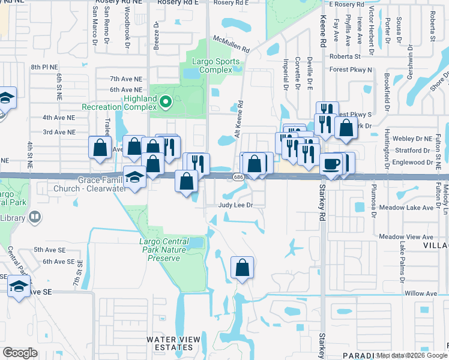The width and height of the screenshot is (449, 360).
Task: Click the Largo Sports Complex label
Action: (x=216, y=65)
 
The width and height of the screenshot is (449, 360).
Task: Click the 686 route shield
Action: (x=238, y=176)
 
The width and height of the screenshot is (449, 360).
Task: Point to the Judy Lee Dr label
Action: (x=241, y=205)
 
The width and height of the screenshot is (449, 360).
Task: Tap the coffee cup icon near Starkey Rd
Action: (x=331, y=164)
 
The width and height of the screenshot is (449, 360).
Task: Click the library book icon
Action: (x=35, y=216)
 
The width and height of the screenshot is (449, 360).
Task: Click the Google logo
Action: (x=20, y=353)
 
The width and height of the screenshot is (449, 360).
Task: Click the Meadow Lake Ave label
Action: (x=410, y=208)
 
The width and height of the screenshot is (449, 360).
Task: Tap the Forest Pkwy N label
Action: (x=351, y=70)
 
